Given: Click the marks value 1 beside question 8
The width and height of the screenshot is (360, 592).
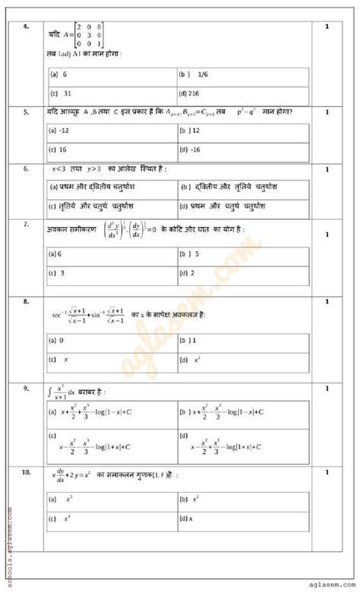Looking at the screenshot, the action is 327,301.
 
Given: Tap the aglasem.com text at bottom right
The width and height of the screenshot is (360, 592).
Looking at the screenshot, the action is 326,585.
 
